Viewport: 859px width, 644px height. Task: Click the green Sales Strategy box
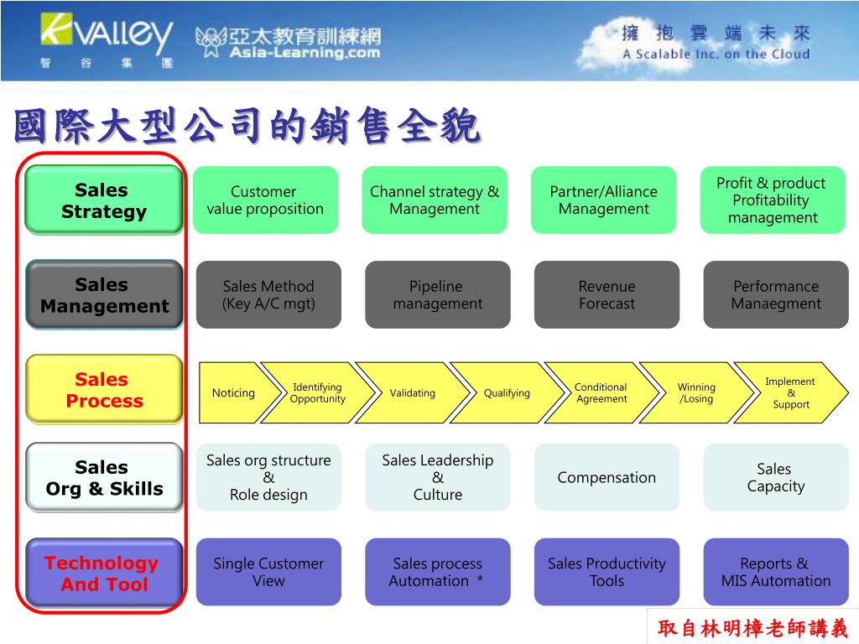point(103,200)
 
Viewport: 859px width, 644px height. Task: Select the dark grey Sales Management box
point(104,294)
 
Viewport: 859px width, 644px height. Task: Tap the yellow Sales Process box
point(104,389)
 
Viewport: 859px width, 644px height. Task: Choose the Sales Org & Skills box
point(104,477)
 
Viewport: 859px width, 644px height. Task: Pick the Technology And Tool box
point(104,573)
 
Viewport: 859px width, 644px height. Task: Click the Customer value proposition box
point(265,200)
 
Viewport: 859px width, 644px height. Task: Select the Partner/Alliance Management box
point(604,200)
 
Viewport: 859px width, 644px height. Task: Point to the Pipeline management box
point(437,294)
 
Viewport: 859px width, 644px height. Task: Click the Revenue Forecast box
point(607,294)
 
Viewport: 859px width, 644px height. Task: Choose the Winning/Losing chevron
point(696,392)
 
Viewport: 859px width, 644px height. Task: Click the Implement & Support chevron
point(791,392)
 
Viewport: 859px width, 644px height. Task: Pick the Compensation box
point(607,477)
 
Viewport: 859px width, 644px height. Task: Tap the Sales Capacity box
point(775,477)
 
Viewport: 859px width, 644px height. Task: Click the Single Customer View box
point(268,572)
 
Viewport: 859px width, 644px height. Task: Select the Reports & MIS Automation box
point(775,572)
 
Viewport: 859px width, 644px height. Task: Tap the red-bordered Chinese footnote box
point(752,627)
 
